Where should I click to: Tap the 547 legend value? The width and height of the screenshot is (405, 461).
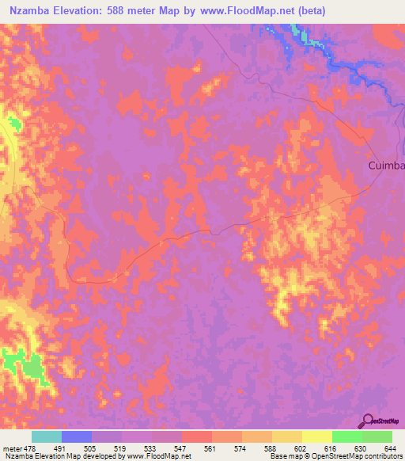(182, 448)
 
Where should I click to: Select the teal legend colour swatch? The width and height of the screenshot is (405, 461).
(47, 436)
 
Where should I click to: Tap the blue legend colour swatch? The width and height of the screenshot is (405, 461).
(77, 436)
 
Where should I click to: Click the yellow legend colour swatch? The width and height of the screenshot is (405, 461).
(317, 436)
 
